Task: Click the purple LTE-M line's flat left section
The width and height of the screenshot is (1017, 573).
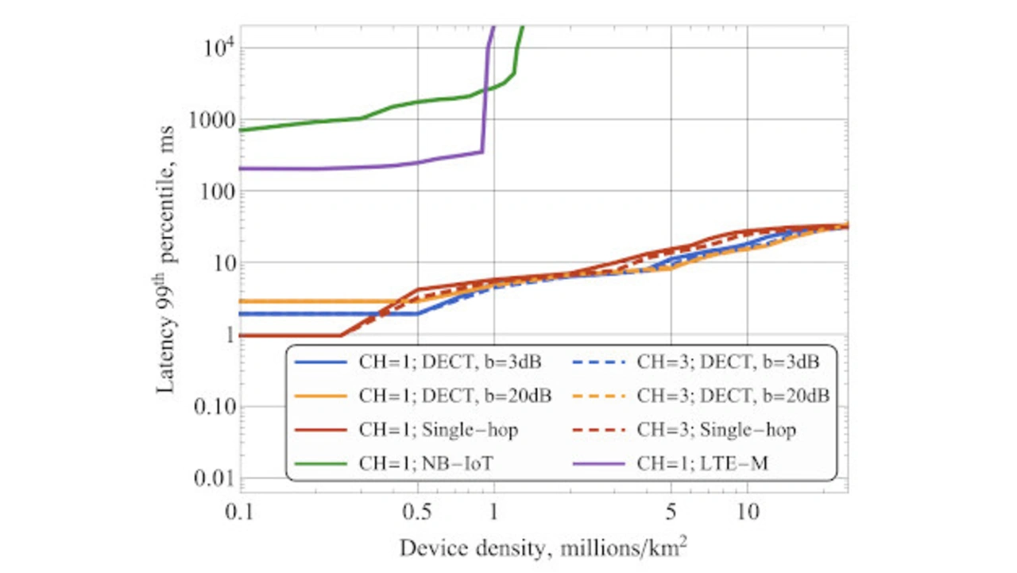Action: [x=318, y=168]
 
